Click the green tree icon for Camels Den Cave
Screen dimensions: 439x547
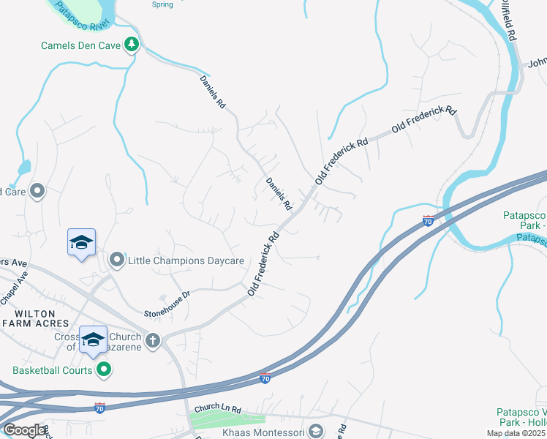(x=132, y=45)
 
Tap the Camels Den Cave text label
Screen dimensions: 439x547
(x=81, y=45)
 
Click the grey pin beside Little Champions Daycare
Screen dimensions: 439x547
(x=117, y=260)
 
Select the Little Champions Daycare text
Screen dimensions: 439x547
(x=186, y=260)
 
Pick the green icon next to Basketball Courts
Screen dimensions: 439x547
(x=105, y=370)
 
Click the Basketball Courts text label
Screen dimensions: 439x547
(x=53, y=370)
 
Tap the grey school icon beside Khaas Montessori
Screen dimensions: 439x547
(x=316, y=431)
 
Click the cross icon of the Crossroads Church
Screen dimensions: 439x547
(x=153, y=340)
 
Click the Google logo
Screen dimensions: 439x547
(x=23, y=429)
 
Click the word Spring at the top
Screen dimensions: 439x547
(x=162, y=4)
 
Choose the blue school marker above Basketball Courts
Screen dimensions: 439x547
(x=93, y=339)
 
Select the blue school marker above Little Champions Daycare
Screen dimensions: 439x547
(x=82, y=242)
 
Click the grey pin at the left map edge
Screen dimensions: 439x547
(x=39, y=192)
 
